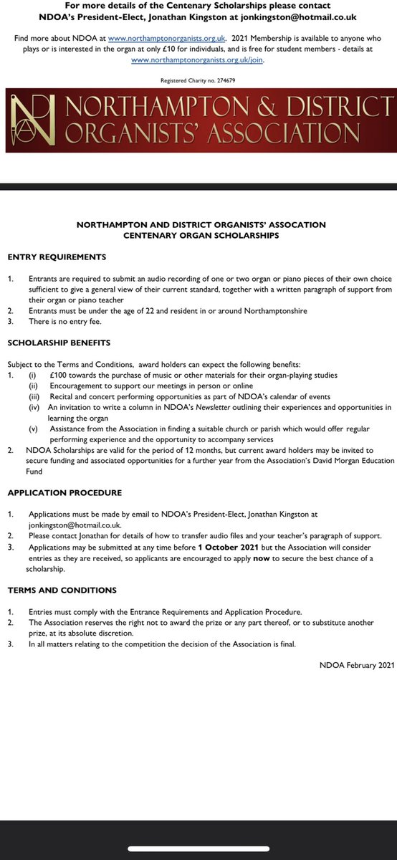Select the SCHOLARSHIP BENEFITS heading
coord(59,343)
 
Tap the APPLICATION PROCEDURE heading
coord(64,493)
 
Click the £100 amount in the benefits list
coord(58,375)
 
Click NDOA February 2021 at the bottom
coord(357,666)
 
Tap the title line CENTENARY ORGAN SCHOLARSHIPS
coord(201,235)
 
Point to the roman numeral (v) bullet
coord(34,429)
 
